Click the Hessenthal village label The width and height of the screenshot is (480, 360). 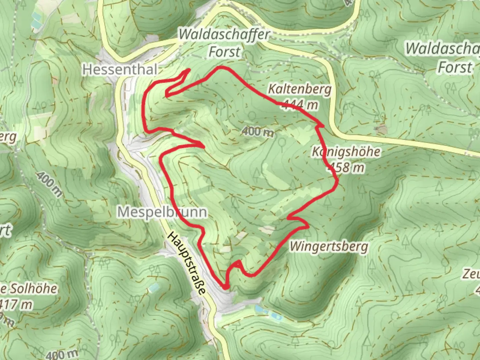pyautogui.click(x=120, y=70)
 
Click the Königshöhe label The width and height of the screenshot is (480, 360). pyautogui.click(x=346, y=152)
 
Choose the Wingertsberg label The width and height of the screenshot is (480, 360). pyautogui.click(x=329, y=247)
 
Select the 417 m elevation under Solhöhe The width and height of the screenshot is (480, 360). pyautogui.click(x=17, y=304)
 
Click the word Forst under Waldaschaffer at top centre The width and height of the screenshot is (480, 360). pyautogui.click(x=224, y=52)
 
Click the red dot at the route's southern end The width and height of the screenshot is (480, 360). pyautogui.click(x=226, y=287)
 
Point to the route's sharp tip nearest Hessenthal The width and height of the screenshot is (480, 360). pyautogui.click(x=189, y=70)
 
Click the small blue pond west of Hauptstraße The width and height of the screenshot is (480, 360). pyautogui.click(x=154, y=287)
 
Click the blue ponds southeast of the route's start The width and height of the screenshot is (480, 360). pyautogui.click(x=267, y=311)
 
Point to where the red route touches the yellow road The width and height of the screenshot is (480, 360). pyautogui.click(x=323, y=126)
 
